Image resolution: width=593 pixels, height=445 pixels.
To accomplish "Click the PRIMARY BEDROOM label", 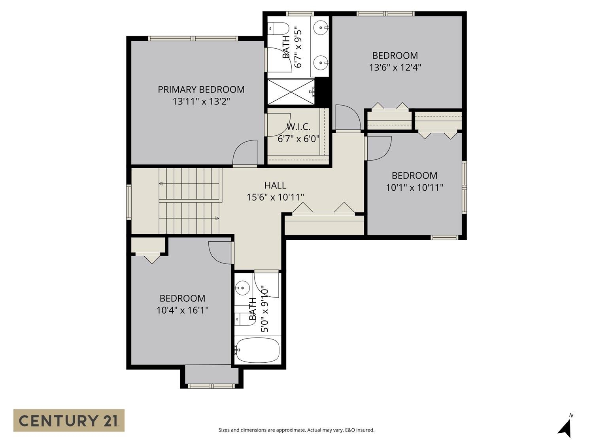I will (201, 90).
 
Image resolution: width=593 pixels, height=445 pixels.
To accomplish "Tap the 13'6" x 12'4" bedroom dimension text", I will (395, 68).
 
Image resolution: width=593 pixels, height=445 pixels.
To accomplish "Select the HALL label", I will (275, 185).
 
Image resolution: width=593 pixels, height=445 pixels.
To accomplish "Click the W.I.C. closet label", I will (298, 127).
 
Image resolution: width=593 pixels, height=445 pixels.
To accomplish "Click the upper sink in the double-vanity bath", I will (321, 27).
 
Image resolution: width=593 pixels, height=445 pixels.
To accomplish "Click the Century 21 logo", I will (69, 420).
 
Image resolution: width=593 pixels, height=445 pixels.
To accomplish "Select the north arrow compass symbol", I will (566, 427).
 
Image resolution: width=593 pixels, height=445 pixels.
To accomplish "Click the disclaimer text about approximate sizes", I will (296, 430).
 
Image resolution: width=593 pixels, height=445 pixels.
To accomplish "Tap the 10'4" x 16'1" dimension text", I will (182, 310).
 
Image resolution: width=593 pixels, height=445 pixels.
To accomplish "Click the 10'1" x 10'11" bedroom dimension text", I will (414, 187).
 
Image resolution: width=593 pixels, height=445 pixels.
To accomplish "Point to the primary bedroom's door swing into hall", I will (245, 153).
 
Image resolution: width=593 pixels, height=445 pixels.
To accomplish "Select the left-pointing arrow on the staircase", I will (161, 184).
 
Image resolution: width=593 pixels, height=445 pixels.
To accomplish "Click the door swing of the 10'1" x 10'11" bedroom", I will (379, 148).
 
